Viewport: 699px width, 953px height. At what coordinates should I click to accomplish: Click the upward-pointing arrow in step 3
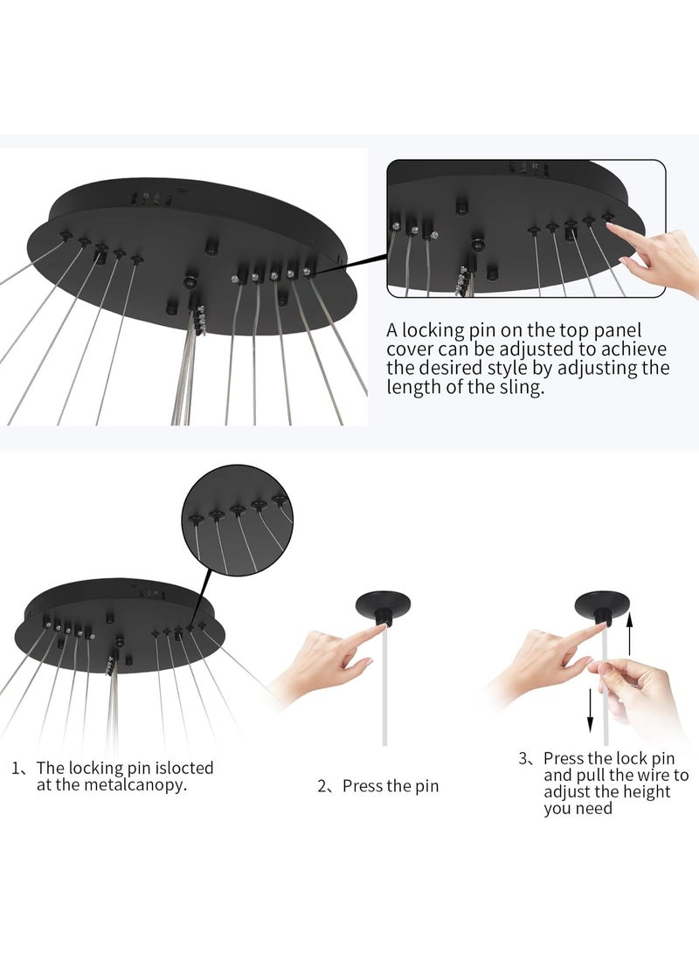[x=630, y=633]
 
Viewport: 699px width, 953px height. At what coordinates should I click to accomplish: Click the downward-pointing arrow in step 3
[x=590, y=710]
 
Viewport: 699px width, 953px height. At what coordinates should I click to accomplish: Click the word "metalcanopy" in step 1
[x=135, y=784]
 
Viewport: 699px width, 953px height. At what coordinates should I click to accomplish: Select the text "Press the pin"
[x=391, y=786]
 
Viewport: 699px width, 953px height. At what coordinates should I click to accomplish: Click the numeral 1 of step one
[x=15, y=768]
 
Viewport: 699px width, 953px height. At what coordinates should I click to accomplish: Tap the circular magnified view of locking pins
[x=237, y=521]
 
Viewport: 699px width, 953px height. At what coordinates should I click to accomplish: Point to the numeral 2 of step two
[x=322, y=786]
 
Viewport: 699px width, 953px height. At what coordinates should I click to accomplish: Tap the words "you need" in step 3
[x=578, y=809]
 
